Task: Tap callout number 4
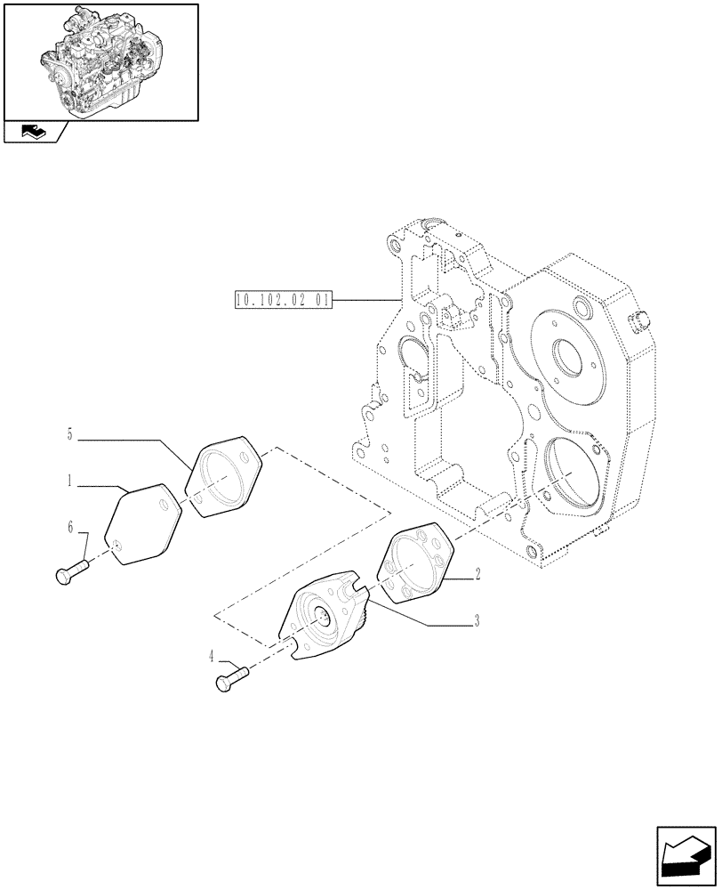pyautogui.click(x=211, y=659)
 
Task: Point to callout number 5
pyautogui.click(x=68, y=434)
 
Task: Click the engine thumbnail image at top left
pyautogui.click(x=100, y=61)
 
